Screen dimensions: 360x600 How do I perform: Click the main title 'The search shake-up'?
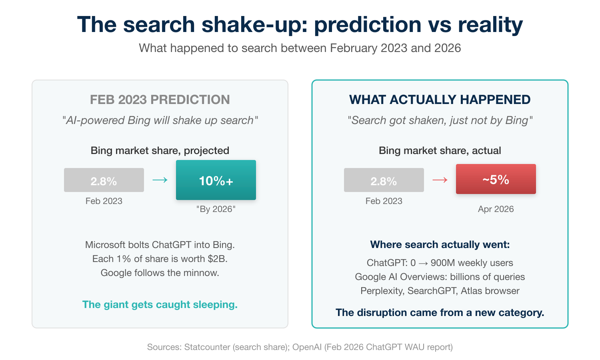coord(300,24)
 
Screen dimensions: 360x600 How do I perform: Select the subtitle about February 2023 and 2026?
coord(300,48)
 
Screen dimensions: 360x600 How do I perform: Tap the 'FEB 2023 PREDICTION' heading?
coord(160,100)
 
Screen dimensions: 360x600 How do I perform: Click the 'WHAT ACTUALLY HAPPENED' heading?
coord(440,100)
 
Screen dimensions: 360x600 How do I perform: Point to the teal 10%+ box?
coord(216,180)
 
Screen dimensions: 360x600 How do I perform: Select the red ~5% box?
coord(496,179)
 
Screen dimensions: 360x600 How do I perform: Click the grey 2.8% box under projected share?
coord(104,180)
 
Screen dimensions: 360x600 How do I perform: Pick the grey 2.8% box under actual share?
coord(384,180)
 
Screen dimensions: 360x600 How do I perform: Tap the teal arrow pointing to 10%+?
coord(160,180)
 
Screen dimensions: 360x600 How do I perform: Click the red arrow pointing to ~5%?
coord(440,180)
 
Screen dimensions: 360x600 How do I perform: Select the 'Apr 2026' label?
coord(496,209)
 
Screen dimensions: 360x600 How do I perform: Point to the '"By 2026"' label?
coord(216,209)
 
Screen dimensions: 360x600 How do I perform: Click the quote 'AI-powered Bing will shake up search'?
coord(160,120)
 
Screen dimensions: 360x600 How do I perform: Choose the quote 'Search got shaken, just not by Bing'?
coord(440,120)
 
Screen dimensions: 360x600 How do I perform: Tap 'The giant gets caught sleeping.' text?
coord(160,305)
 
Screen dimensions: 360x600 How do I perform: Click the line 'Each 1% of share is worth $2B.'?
coord(160,259)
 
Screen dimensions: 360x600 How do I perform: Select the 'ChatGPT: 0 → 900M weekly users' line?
coord(440,263)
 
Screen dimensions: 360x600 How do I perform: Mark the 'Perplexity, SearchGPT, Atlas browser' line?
coord(440,291)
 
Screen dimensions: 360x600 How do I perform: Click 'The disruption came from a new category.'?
coord(440,312)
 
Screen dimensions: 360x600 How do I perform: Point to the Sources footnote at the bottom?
coord(300,347)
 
